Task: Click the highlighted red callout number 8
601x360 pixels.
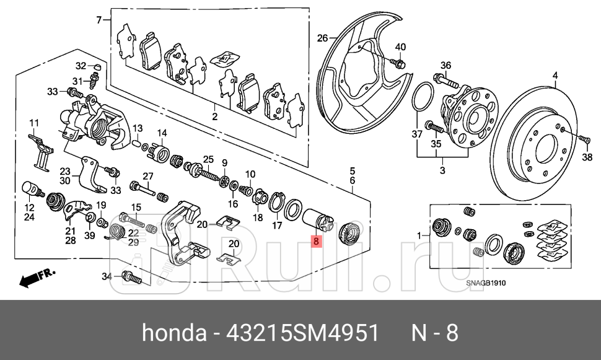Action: click(316, 243)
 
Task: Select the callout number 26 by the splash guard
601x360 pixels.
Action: click(322, 38)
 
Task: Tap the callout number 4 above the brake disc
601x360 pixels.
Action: click(555, 76)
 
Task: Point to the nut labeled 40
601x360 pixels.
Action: click(399, 63)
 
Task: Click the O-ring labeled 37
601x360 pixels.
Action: click(423, 99)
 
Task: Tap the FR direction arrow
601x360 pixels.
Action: click(37, 278)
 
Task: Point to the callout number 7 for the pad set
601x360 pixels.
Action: click(99, 20)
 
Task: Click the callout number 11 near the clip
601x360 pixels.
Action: click(33, 121)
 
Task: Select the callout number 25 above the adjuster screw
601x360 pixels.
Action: click(208, 159)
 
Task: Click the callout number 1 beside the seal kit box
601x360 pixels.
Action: click(419, 235)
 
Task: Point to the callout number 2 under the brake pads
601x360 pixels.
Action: click(214, 116)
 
